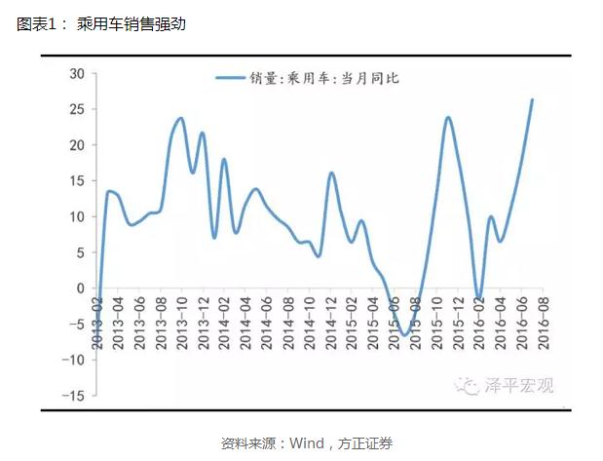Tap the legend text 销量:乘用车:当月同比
324,78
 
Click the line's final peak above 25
532,99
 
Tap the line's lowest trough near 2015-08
403,335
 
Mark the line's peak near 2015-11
447,118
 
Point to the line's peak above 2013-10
181,119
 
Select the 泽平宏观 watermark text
518,386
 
